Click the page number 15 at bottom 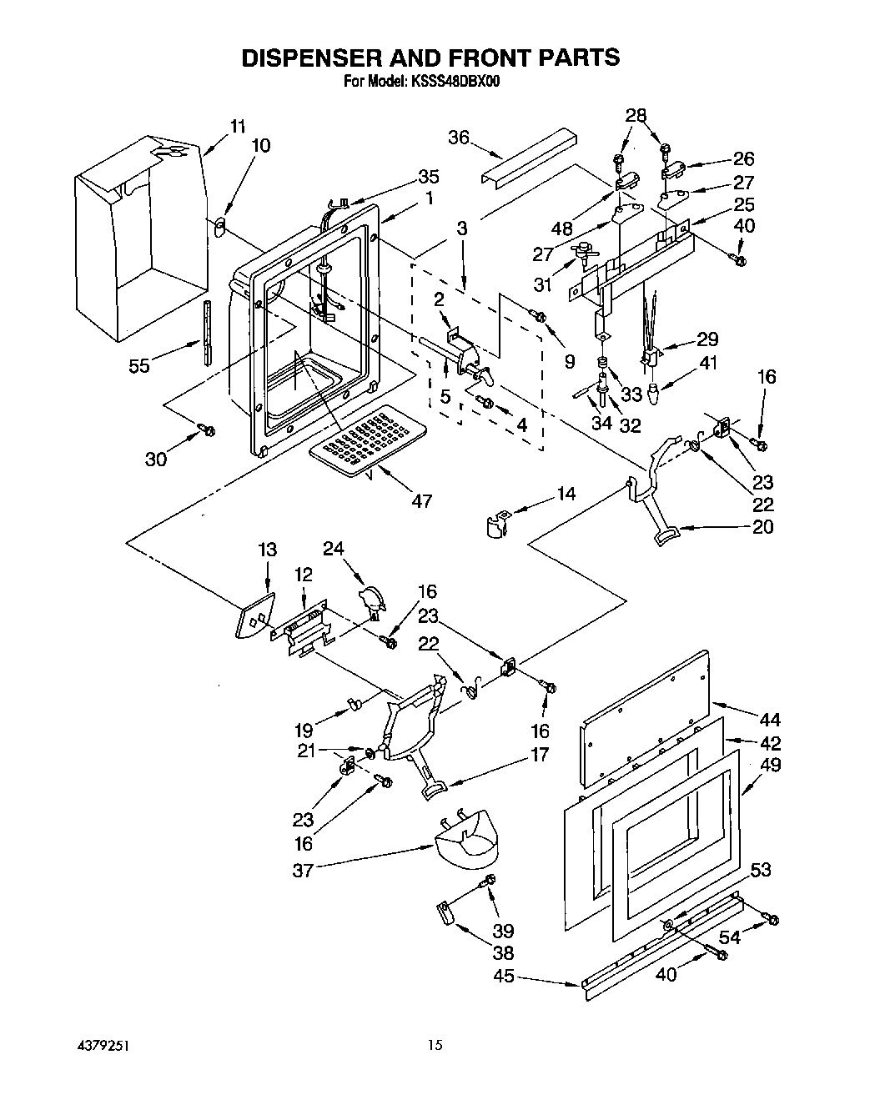tap(434, 1045)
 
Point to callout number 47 tap(422, 500)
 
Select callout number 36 tap(459, 138)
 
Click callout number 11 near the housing tap(238, 127)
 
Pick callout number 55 tap(139, 364)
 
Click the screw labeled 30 tap(207, 430)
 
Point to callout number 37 tap(303, 870)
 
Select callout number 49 tap(771, 764)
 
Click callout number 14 tap(566, 494)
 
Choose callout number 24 tap(334, 548)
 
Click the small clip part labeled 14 tap(498, 525)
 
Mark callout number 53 tap(760, 870)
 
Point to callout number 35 tap(428, 177)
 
